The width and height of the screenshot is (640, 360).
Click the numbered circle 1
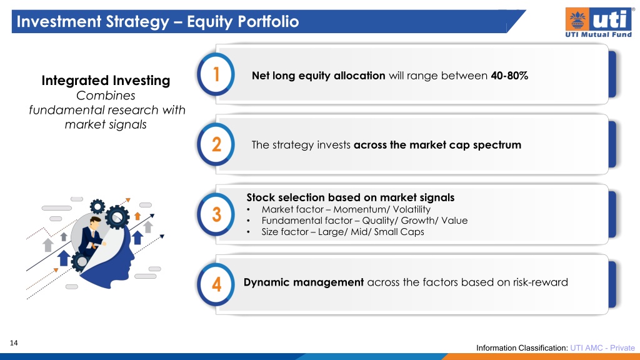click(216, 74)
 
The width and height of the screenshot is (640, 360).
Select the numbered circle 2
click(216, 144)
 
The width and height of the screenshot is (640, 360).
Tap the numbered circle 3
click(216, 214)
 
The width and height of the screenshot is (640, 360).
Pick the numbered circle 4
click(216, 284)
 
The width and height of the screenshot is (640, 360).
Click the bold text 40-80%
click(509, 76)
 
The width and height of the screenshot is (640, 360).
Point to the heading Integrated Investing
click(106, 81)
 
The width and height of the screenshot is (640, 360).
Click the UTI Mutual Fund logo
click(598, 22)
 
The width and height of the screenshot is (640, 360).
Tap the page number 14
click(14, 343)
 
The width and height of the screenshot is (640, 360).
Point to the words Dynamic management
click(304, 282)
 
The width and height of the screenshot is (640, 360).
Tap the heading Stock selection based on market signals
click(350, 197)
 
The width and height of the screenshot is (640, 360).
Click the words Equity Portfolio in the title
click(243, 22)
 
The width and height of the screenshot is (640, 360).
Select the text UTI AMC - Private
click(602, 347)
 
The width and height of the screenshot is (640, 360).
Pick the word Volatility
click(411, 209)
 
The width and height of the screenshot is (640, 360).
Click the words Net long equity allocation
click(318, 76)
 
